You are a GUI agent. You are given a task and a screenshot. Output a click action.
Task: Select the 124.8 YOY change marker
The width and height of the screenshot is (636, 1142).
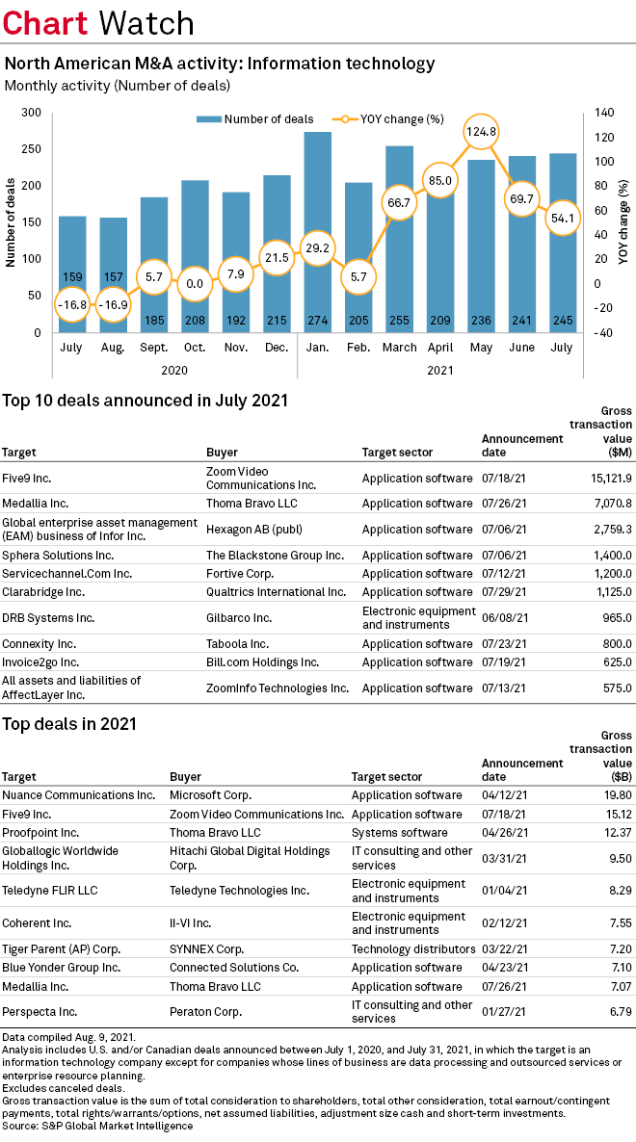[480, 130]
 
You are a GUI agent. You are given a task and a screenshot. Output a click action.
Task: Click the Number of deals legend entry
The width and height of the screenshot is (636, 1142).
[255, 119]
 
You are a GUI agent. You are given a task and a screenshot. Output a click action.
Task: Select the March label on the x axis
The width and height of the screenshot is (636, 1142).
[400, 347]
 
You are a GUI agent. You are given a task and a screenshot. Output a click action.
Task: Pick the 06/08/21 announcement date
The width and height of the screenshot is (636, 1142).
[502, 618]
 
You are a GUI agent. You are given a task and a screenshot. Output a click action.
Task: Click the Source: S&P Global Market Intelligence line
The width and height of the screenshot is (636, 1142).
[97, 1126]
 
